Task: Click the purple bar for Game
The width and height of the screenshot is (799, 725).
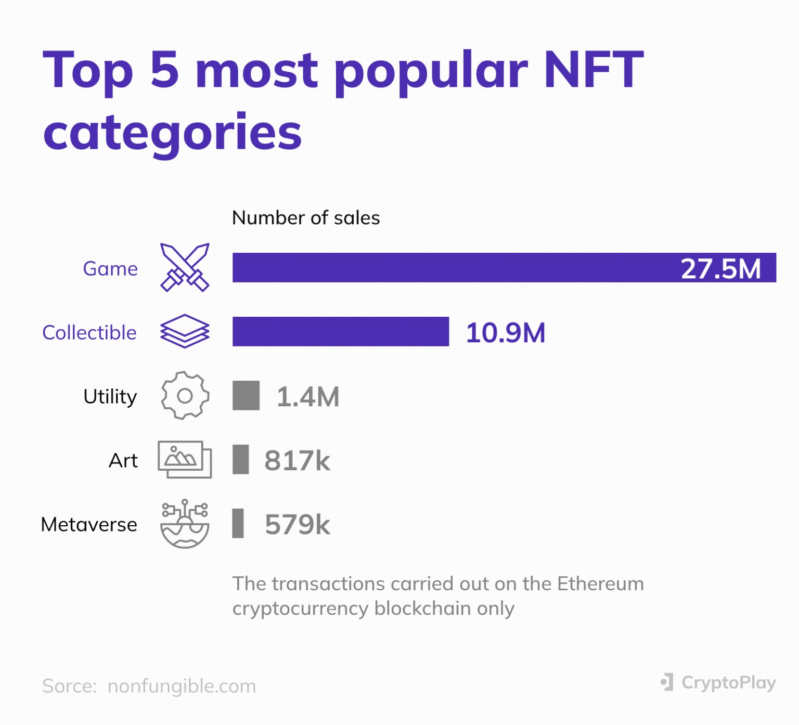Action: pyautogui.click(x=453, y=268)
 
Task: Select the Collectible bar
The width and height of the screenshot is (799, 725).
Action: pyautogui.click(x=340, y=332)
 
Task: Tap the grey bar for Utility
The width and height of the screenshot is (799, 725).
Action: pyautogui.click(x=246, y=396)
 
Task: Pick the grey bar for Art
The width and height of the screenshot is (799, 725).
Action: pyautogui.click(x=240, y=460)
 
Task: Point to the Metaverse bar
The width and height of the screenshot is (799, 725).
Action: pyautogui.click(x=238, y=524)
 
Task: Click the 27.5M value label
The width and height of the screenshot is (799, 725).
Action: pyautogui.click(x=720, y=269)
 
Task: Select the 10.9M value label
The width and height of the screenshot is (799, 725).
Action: pyautogui.click(x=505, y=333)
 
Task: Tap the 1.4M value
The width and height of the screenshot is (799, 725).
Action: pyautogui.click(x=307, y=397)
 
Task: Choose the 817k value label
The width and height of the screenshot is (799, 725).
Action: pyautogui.click(x=297, y=461)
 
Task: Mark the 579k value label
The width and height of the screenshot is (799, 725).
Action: pyautogui.click(x=297, y=524)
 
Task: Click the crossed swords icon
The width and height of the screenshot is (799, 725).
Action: pyautogui.click(x=185, y=267)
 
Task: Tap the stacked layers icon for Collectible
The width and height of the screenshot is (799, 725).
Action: pyautogui.click(x=185, y=331)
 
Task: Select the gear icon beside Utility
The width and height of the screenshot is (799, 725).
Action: pyautogui.click(x=185, y=396)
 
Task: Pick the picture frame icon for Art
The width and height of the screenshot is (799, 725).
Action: pyautogui.click(x=185, y=460)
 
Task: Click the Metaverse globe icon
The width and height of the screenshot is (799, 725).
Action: pyautogui.click(x=185, y=524)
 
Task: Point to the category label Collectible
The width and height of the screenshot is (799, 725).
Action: pyautogui.click(x=89, y=333)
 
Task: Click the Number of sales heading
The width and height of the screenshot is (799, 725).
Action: pyautogui.click(x=306, y=218)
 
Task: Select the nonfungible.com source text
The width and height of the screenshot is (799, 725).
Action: pyautogui.click(x=182, y=686)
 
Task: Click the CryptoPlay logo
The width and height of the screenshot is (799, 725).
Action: pyautogui.click(x=718, y=682)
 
